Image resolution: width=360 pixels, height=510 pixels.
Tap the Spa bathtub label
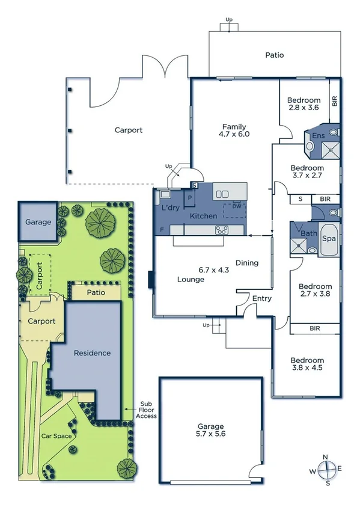tap(328, 238)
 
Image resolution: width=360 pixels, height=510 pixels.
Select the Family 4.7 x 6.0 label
tap(234, 131)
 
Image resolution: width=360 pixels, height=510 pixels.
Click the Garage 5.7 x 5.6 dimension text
tap(210, 429)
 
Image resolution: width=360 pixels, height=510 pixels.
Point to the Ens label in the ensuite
tap(318, 136)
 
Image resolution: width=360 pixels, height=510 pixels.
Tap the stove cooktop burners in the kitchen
tap(221, 229)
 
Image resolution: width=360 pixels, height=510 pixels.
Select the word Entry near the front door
tap(261, 298)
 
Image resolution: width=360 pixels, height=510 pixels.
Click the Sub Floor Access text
tap(147, 410)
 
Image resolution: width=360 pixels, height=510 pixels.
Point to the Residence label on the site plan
tap(92, 353)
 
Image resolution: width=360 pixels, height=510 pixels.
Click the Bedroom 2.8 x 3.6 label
tap(303, 104)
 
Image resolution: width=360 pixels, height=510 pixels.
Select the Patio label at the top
tap(274, 55)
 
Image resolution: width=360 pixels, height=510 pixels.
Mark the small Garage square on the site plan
tap(37, 222)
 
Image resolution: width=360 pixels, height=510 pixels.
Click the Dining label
tap(246, 263)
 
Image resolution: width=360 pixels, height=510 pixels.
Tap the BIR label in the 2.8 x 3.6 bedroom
tap(335, 100)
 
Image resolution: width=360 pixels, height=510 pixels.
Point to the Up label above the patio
tap(228, 20)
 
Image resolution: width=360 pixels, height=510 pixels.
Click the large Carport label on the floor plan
tap(129, 130)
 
